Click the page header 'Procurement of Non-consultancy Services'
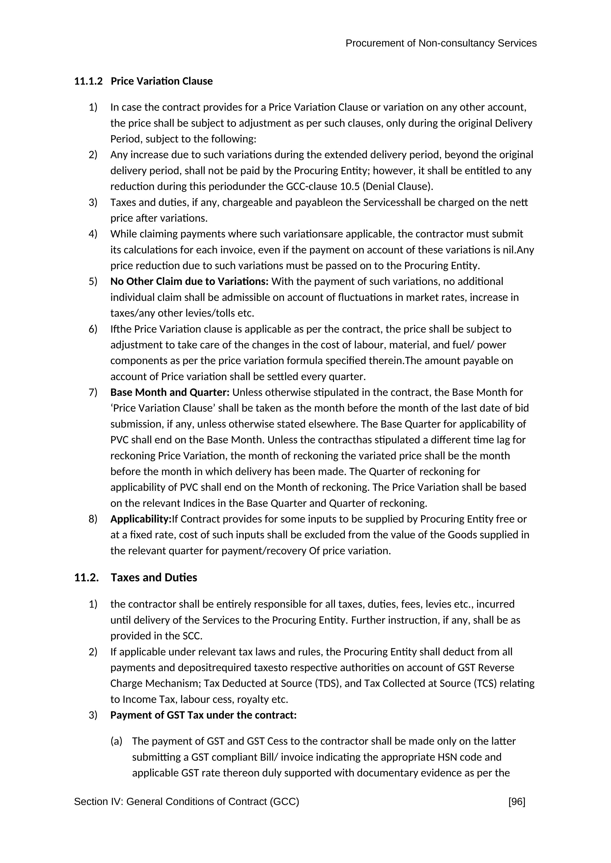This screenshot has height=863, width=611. click(x=441, y=44)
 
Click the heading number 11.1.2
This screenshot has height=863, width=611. click(x=88, y=81)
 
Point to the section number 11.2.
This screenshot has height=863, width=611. click(x=86, y=577)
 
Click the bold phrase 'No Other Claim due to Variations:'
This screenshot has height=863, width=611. click(x=189, y=281)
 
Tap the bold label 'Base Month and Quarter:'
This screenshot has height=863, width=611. click(x=170, y=392)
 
